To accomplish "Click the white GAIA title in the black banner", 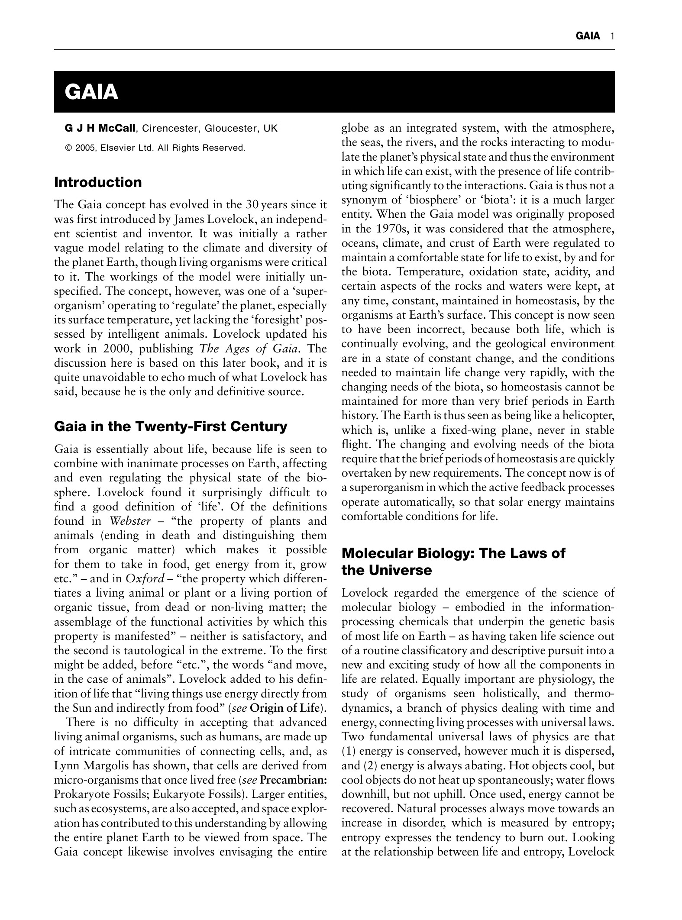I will [x=91, y=92].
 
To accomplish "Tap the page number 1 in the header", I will [x=612, y=36].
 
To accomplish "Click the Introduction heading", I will [x=98, y=182].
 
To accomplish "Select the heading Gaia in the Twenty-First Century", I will [x=171, y=427].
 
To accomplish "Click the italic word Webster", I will [x=131, y=521].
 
